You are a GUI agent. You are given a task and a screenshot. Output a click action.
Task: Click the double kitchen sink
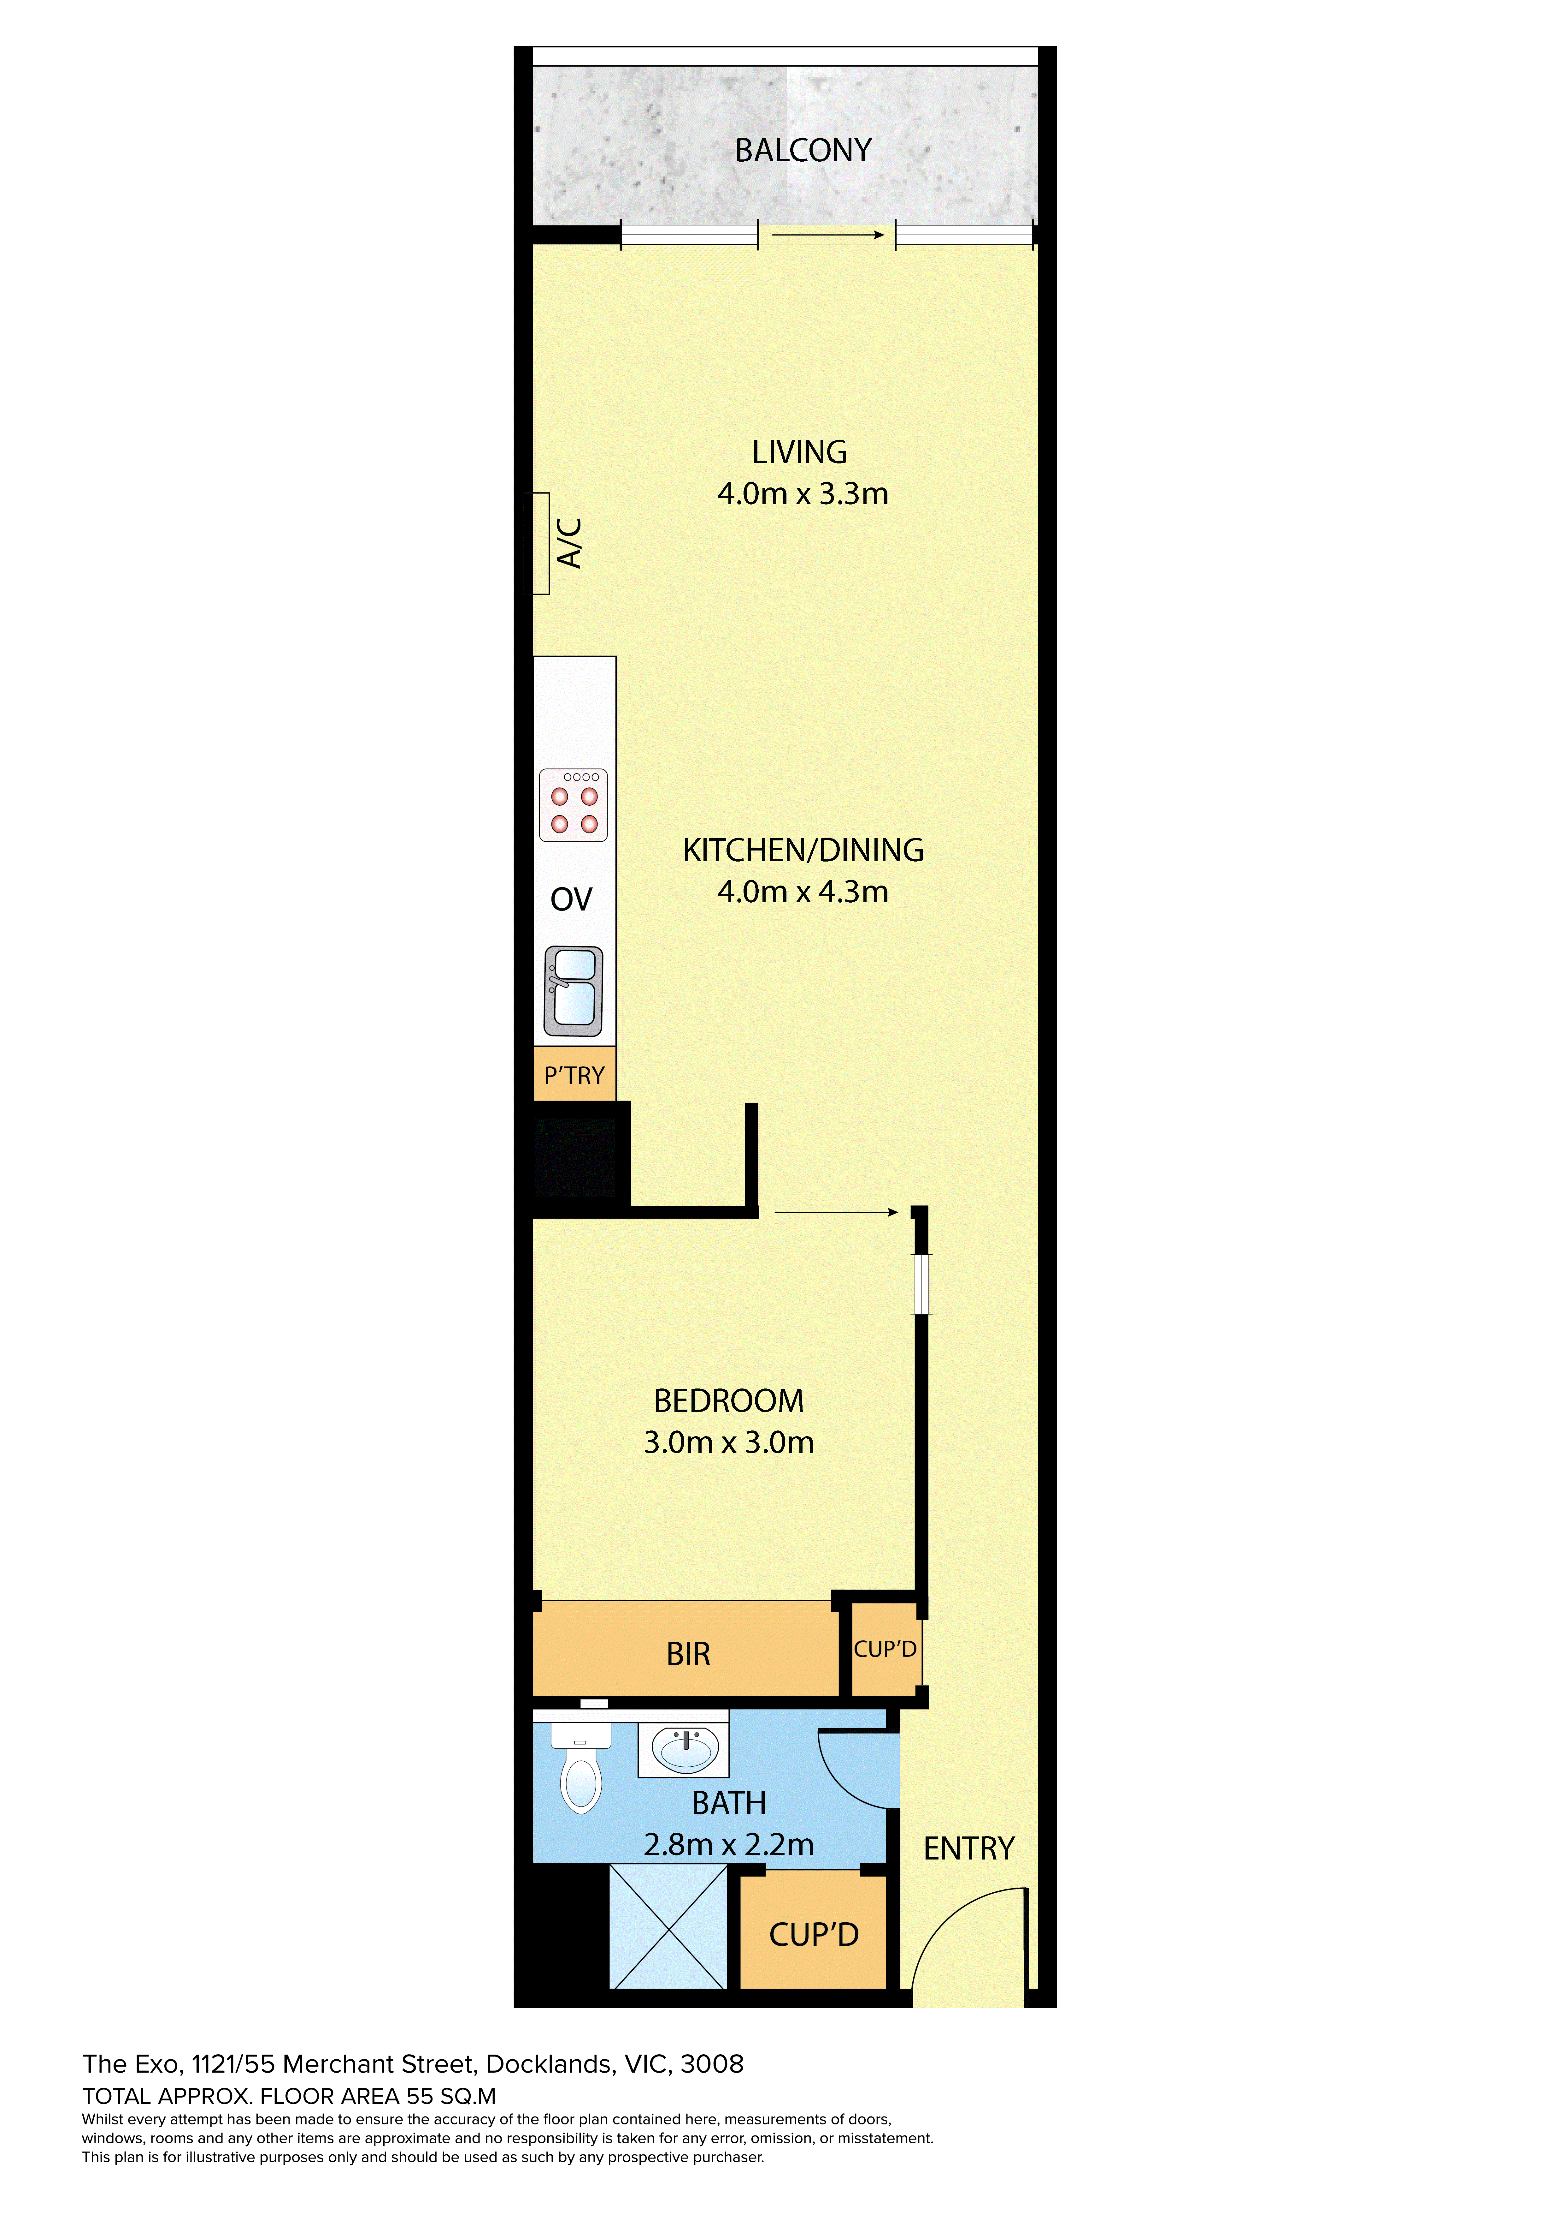coord(574,991)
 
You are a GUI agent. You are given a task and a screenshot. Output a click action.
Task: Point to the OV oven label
coord(571,899)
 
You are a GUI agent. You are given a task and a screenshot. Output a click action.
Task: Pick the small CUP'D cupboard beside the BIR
coord(885,1649)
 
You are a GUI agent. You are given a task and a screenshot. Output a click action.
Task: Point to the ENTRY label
coord(969,1848)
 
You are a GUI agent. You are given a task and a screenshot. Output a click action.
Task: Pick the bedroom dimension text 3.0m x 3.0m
coord(729,1442)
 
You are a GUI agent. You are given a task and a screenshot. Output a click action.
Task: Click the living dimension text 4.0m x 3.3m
coord(803,494)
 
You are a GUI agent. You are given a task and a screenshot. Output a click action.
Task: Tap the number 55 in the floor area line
coord(421,2096)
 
